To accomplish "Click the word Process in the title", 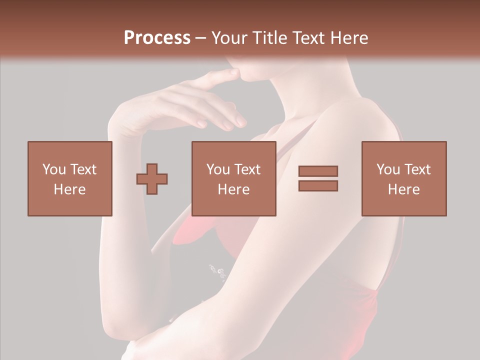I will (157, 38).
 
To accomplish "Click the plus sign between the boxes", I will (152, 178).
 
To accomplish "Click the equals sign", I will (318, 178).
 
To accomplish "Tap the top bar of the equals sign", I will (318, 171).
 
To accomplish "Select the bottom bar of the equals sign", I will (318, 185).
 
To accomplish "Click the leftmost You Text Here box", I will (69, 178).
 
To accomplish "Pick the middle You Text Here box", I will (233, 178).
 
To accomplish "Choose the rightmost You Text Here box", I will (403, 178).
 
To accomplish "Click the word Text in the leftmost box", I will (83, 169).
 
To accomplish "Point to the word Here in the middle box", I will (233, 189).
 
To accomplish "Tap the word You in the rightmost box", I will (387, 169).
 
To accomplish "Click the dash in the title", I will (201, 38).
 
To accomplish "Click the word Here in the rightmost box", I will (403, 189).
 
